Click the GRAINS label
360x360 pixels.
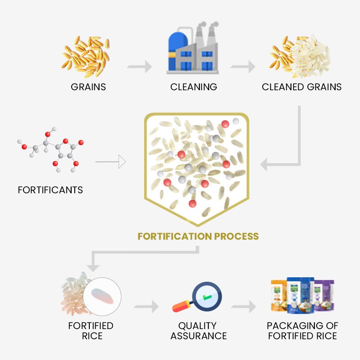click(x=88, y=87)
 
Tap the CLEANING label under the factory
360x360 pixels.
click(x=194, y=87)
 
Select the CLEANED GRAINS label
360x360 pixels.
click(x=302, y=87)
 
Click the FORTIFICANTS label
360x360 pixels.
click(x=50, y=190)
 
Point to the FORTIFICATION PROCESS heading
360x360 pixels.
click(x=198, y=236)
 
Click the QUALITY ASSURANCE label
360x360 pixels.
click(x=199, y=331)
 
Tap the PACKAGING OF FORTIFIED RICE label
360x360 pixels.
click(x=302, y=331)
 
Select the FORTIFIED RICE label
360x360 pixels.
click(x=91, y=331)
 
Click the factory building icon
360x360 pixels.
click(x=193, y=49)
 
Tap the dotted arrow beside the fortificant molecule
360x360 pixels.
click(x=111, y=162)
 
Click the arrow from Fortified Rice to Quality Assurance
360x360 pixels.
click(x=146, y=306)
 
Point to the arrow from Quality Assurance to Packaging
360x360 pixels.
click(x=244, y=306)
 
